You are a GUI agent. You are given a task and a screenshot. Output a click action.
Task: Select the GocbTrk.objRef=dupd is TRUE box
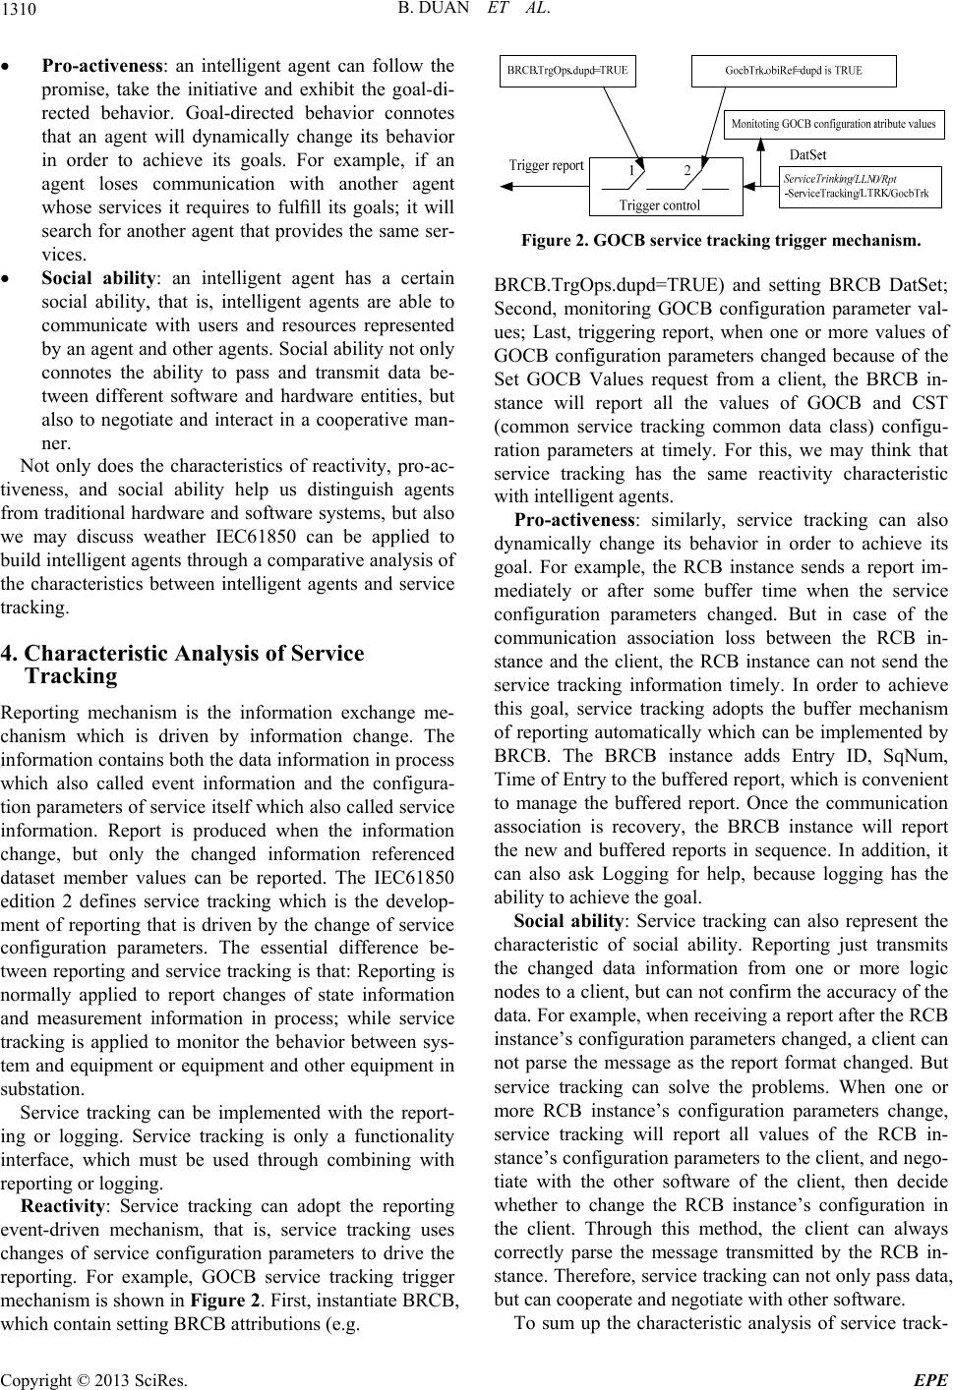(x=794, y=71)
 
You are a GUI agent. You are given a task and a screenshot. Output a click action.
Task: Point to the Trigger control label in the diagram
(x=660, y=205)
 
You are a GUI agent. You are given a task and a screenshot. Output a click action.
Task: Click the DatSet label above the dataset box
(x=808, y=154)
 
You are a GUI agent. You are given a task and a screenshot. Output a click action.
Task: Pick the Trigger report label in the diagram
(x=546, y=165)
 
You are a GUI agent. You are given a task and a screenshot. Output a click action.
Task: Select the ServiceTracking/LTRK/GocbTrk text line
(x=858, y=194)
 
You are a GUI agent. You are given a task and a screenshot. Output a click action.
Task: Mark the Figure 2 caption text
(x=721, y=239)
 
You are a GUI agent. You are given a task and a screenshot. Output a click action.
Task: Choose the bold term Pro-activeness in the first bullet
(x=101, y=67)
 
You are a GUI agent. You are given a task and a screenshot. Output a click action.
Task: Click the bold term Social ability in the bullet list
(x=97, y=278)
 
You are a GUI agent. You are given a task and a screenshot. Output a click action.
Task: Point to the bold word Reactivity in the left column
(x=63, y=1206)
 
